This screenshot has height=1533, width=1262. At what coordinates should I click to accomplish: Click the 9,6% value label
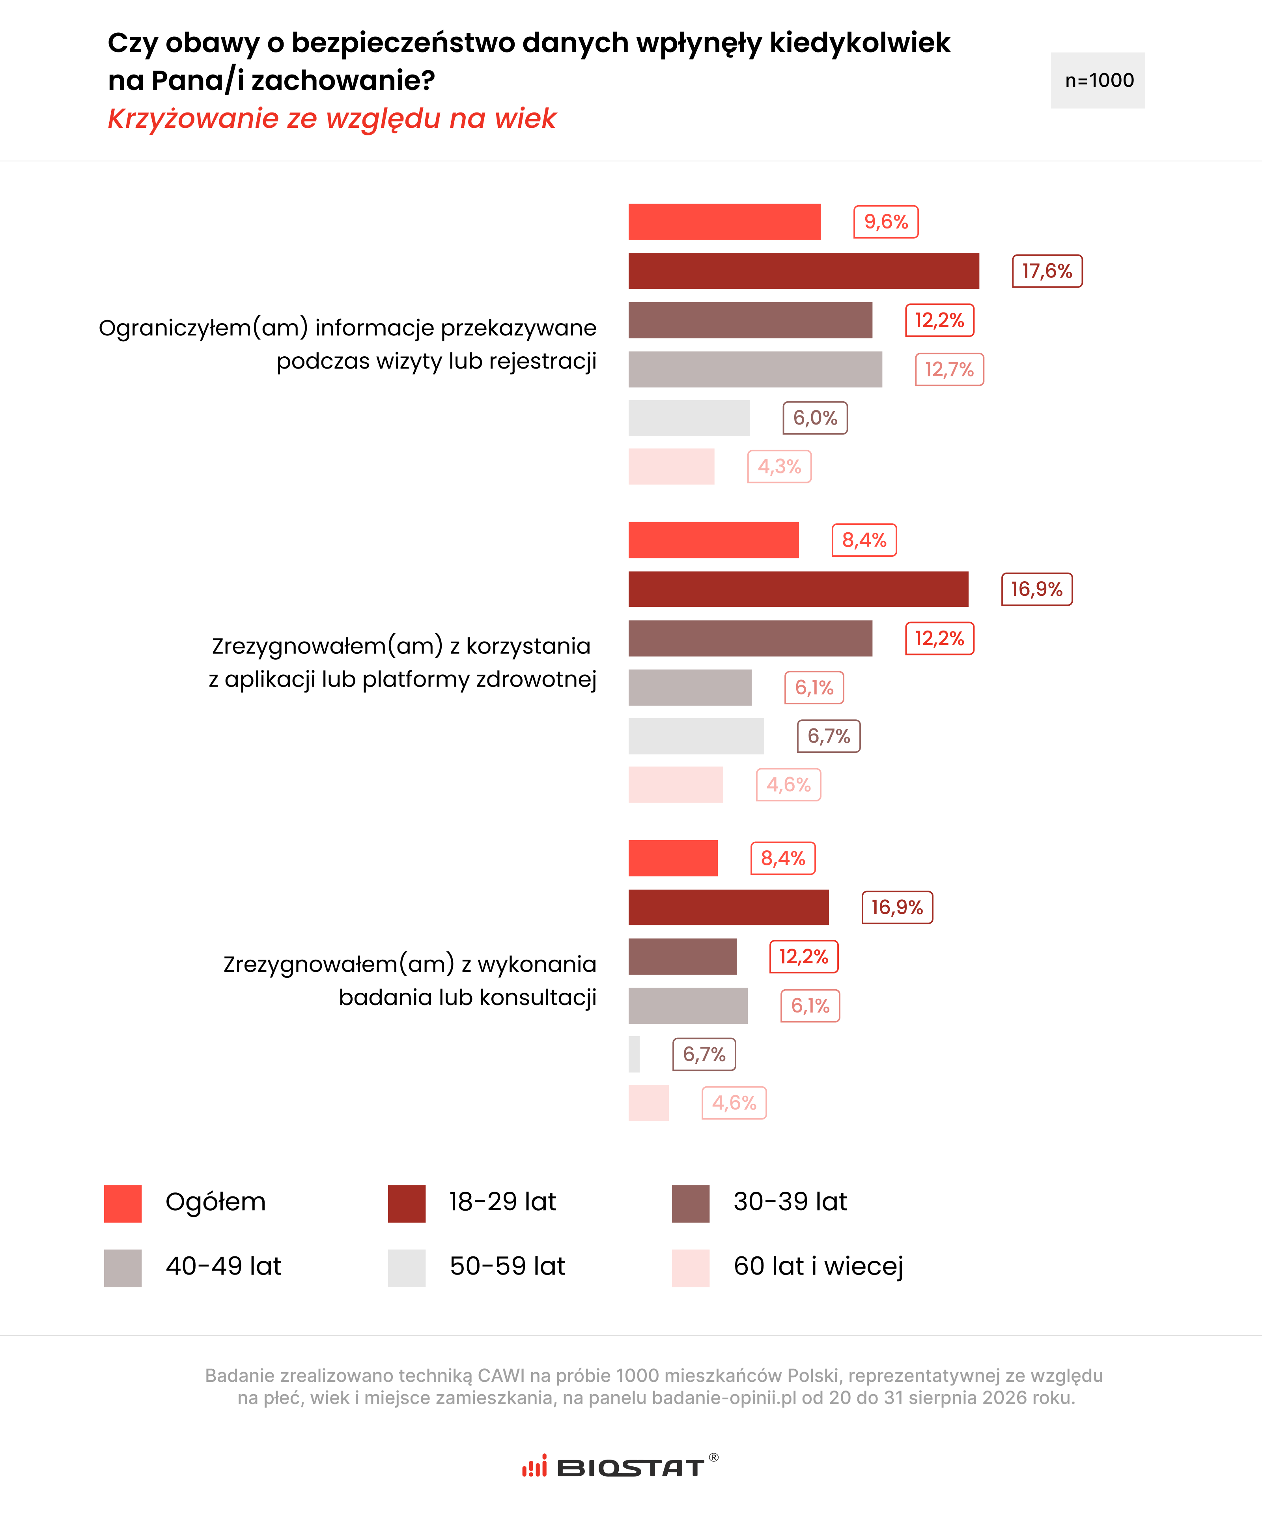[885, 222]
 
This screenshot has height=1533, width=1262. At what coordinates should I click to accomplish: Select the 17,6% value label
[1047, 271]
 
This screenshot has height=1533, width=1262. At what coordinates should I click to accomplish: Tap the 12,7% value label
[949, 369]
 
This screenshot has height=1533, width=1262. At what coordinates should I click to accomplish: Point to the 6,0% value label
[815, 418]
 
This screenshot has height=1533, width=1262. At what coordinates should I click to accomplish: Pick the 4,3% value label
[779, 467]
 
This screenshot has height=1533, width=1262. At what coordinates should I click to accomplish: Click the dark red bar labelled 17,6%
[803, 271]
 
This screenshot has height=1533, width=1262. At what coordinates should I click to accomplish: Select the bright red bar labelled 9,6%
[724, 222]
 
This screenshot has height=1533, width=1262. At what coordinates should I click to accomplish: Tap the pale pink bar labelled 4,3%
[671, 467]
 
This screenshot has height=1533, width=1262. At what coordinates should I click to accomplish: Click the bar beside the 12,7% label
[755, 369]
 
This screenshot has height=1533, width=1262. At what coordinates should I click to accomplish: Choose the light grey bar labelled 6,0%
[689, 418]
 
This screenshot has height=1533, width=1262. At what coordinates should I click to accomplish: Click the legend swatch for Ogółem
[123, 1204]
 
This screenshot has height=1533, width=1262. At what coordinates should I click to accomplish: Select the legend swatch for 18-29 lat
[406, 1204]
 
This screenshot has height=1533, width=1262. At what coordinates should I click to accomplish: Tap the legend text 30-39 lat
[790, 1202]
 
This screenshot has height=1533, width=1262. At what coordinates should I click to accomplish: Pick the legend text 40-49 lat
[223, 1266]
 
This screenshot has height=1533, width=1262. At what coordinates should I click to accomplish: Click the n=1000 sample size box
[1098, 81]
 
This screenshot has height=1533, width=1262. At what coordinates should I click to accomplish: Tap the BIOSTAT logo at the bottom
[620, 1466]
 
